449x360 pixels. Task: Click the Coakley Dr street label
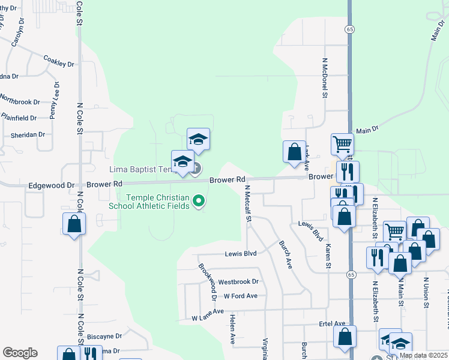pos(58,61)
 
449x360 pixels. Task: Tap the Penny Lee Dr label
pos(55,100)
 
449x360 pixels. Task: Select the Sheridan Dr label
pos(23,134)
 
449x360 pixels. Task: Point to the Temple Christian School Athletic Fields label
pos(158,202)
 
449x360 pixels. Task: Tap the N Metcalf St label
pos(247,203)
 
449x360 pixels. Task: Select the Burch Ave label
pos(285,254)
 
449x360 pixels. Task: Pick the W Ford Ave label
pos(240,296)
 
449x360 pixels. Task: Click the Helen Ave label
pos(232,331)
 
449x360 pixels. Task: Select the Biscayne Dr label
pos(104,337)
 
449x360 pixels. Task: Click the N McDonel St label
pos(325,77)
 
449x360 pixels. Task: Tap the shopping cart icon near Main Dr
pos(342,143)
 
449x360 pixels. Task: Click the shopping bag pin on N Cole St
pos(74,225)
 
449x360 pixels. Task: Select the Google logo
pos(20,353)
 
